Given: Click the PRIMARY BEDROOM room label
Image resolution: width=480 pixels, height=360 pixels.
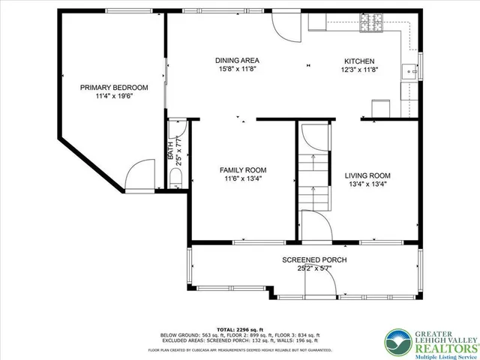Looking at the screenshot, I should pos(114,88).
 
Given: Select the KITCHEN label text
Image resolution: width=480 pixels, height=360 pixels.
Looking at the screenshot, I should pos(359,61).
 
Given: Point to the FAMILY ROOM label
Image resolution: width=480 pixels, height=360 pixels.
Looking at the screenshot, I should pos(241,170).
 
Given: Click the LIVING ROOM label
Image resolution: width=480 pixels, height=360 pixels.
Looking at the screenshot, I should pos(367,175).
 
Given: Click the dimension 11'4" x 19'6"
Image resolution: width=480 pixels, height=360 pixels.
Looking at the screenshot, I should pos(114,97).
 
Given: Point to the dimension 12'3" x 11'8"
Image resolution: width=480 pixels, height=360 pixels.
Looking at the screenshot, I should pos(359,70).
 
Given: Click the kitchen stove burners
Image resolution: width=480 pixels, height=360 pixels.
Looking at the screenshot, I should pos(372,25).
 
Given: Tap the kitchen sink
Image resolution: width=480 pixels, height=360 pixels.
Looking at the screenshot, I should pos(409,72).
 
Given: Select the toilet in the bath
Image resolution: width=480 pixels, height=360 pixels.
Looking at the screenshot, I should pos(176,177).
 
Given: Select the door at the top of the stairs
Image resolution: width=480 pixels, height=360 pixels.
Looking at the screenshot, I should pos(314,137).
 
